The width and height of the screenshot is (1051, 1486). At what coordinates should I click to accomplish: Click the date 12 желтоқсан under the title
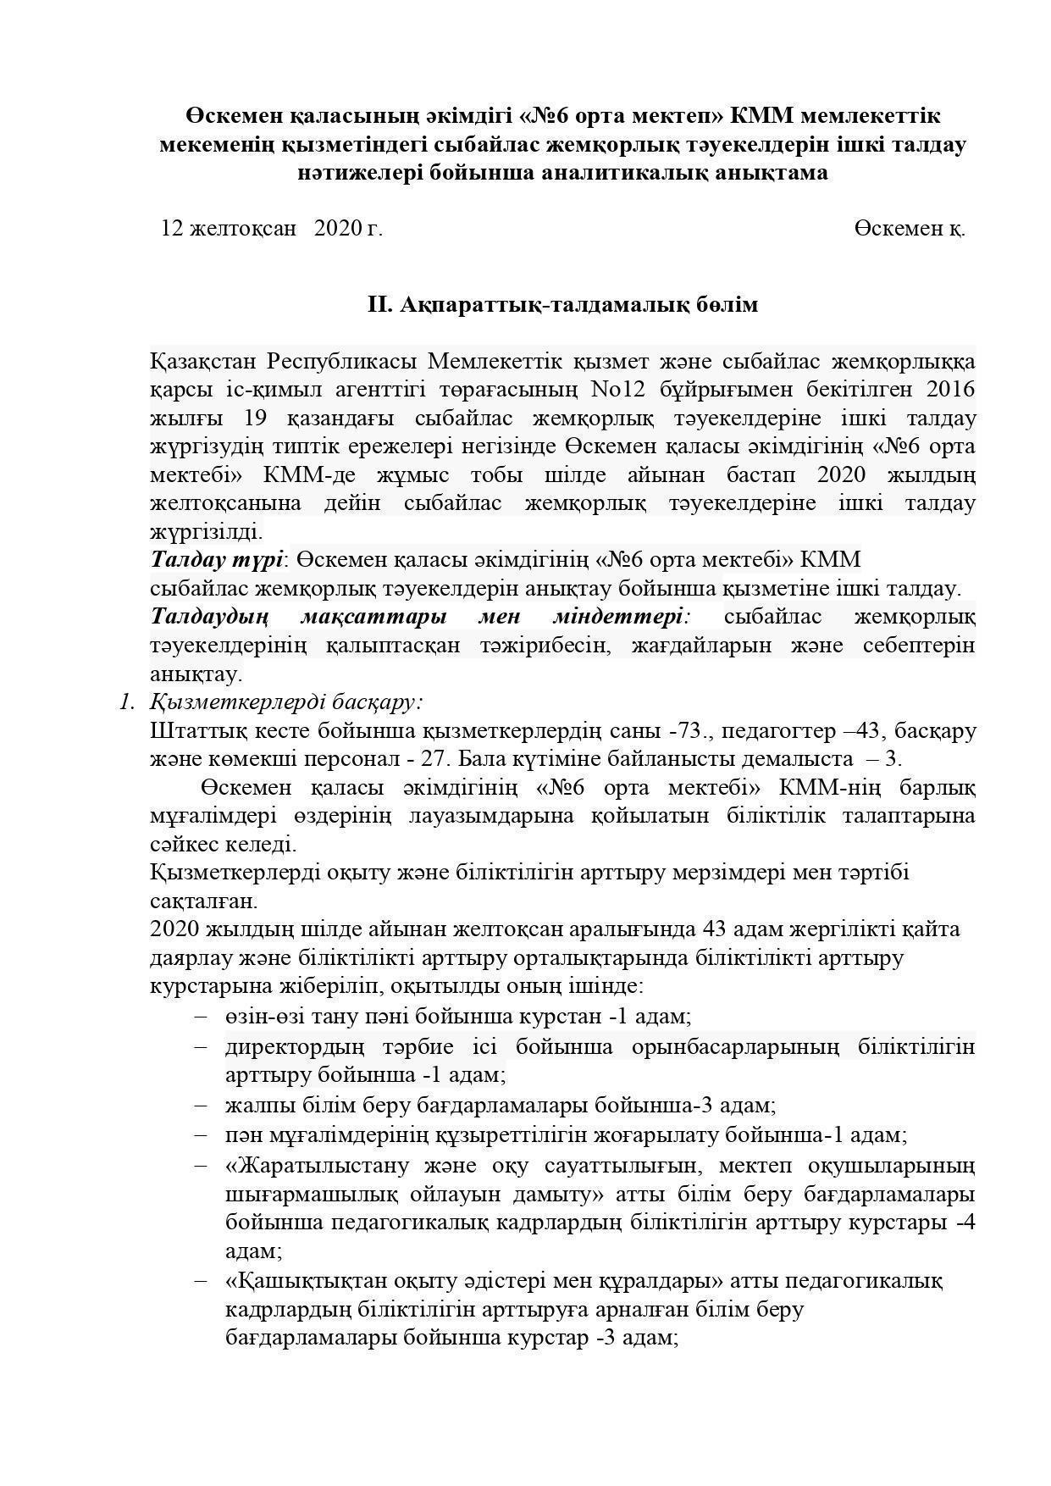click(x=229, y=229)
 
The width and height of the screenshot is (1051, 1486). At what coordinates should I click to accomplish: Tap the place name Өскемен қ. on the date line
click(x=910, y=229)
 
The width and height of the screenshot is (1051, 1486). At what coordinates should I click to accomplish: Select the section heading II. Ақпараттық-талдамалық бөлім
click(x=562, y=305)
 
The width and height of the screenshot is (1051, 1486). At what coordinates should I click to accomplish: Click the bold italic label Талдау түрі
click(x=217, y=560)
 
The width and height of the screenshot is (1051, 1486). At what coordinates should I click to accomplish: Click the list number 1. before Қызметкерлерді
click(x=127, y=702)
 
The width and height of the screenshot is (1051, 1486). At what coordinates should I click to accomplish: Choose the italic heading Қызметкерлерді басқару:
click(x=286, y=702)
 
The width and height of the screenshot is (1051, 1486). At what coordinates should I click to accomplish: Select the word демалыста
click(x=796, y=759)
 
